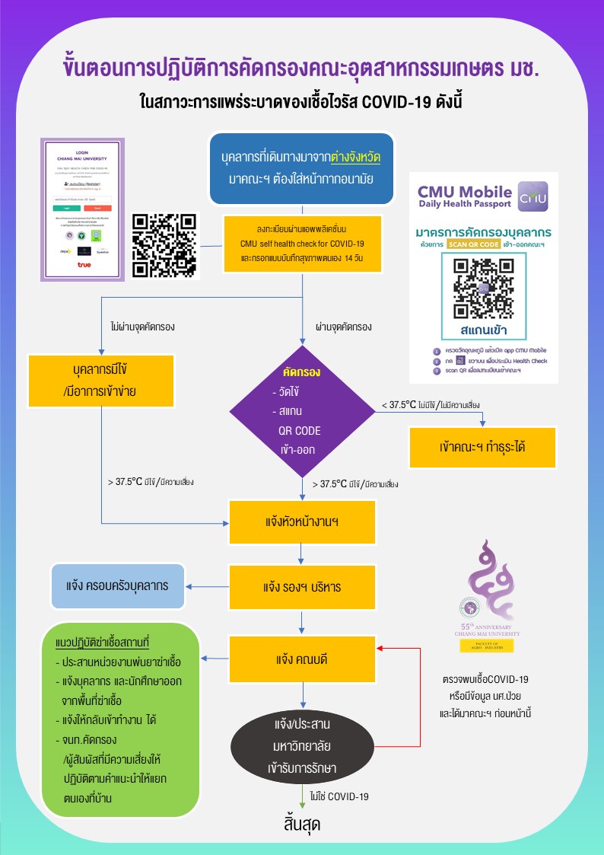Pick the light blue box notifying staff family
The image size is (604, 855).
coord(118,586)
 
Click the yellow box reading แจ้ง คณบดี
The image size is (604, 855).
coord(304,658)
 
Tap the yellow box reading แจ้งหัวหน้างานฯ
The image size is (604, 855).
coord(304,524)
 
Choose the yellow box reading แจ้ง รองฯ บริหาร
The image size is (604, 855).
coord(304,587)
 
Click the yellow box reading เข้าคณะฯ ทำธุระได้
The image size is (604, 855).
coord(482,447)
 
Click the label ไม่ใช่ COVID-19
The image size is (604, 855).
coord(339,796)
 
